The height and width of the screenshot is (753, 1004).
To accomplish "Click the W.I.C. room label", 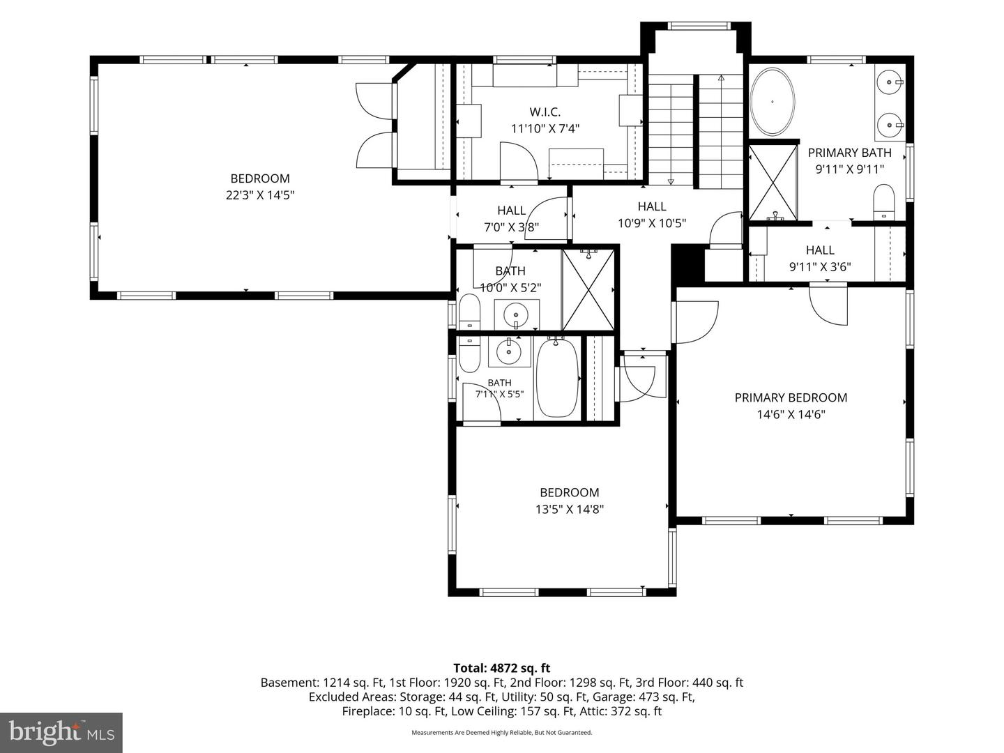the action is [545, 112].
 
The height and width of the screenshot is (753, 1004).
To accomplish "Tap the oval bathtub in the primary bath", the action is [773, 102].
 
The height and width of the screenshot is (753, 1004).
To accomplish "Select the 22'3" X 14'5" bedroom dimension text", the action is [260, 195].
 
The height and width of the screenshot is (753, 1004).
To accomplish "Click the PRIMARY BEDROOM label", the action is [791, 397].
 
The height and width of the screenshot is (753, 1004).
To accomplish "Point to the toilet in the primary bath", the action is [883, 201].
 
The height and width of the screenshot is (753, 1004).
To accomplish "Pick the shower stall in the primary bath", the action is [773, 183].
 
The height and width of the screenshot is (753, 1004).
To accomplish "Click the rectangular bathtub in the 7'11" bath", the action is [556, 378].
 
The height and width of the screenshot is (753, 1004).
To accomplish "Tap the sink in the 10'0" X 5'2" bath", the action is [517, 314].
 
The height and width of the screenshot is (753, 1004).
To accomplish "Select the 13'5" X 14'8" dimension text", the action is [570, 509].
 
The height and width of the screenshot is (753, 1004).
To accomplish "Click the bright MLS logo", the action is [61, 732].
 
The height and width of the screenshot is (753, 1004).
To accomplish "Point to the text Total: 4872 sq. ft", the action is [502, 669].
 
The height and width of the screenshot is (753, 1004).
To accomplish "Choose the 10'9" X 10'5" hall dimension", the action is [652, 223].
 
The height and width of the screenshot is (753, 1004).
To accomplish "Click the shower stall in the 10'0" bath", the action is [588, 289].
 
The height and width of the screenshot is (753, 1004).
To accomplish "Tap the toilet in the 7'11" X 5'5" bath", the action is [469, 355].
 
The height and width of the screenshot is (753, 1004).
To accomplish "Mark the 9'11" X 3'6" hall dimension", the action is [820, 266].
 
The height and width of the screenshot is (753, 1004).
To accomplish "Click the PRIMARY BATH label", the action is [849, 153].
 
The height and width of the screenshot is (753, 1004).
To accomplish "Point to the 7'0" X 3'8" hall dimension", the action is [511, 227].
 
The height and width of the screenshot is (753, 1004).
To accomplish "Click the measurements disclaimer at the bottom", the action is [502, 732].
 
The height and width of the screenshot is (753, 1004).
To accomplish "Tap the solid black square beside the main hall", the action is [687, 264].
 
